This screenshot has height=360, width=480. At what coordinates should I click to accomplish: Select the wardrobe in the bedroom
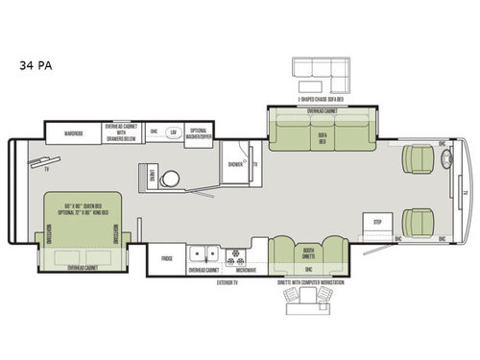coord(74,133)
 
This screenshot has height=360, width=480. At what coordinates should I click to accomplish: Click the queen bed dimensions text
coord(81,210)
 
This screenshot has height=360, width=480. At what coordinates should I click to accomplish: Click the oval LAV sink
coord(174,133)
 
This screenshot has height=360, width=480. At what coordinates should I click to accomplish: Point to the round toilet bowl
coord(170,180)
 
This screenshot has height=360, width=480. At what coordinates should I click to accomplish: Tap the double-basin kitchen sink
coord(204,256)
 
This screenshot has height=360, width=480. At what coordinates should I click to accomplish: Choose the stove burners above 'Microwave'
coord(234,256)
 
